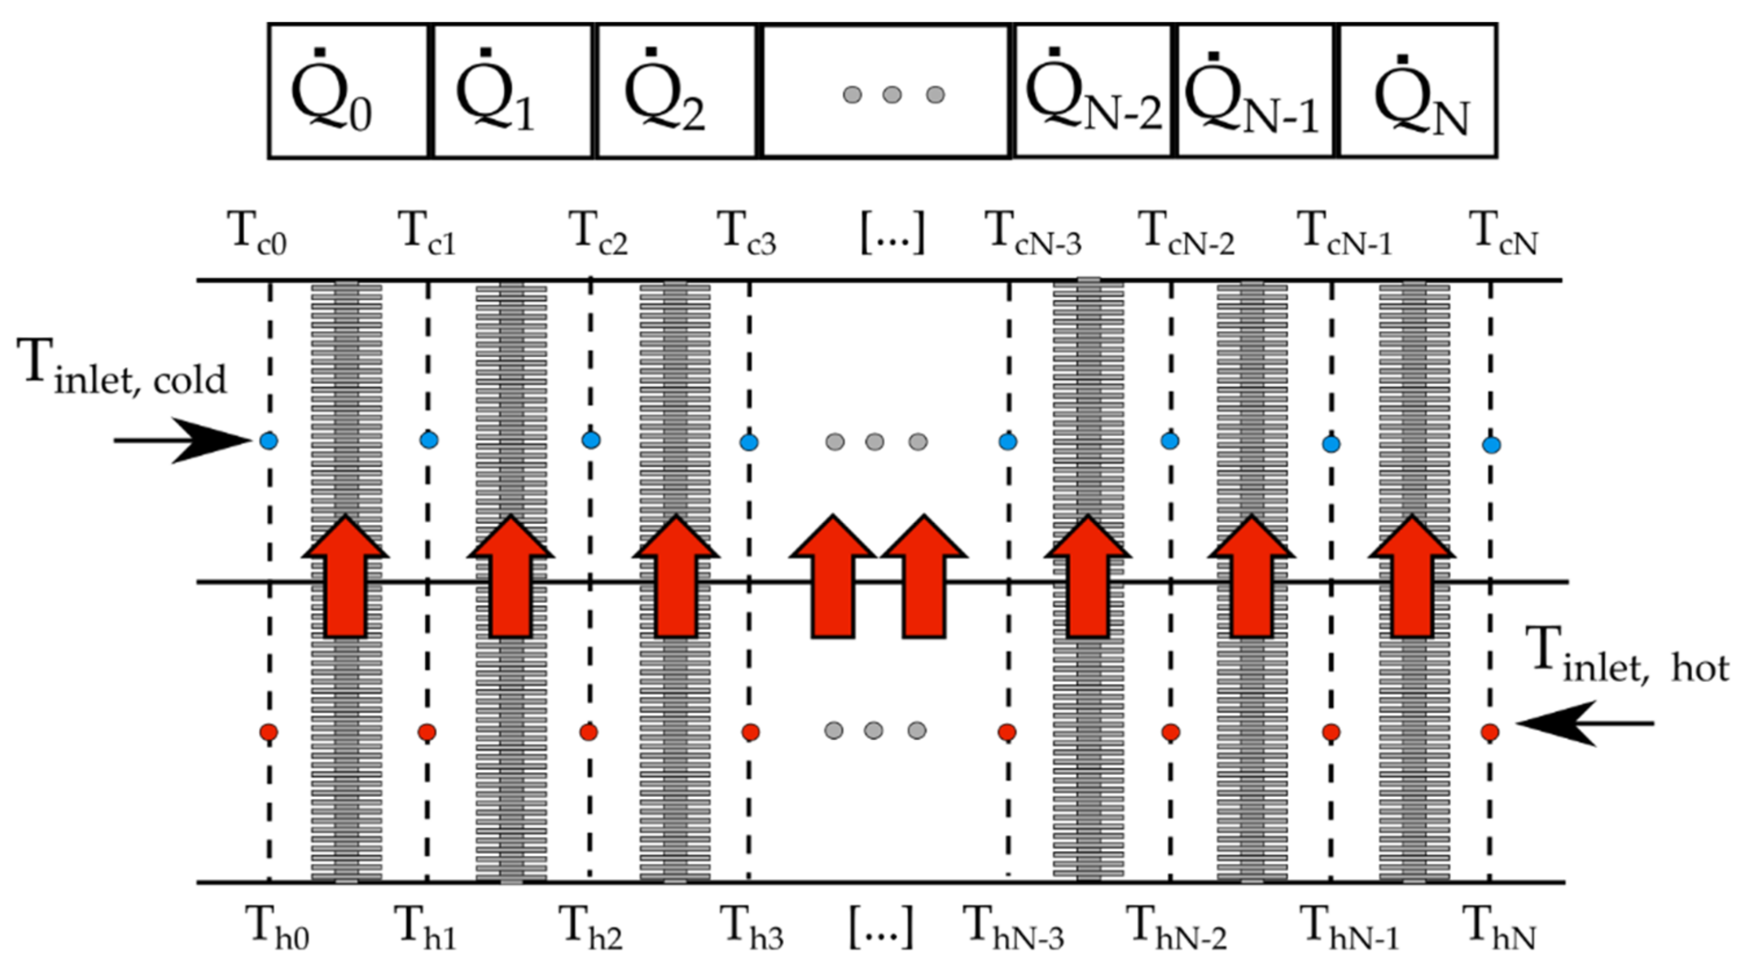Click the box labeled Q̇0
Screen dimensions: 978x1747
pos(348,91)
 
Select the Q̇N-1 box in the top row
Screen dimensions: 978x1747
pos(1255,91)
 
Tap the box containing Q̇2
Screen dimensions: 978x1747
pos(676,91)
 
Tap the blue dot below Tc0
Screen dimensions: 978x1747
pos(269,441)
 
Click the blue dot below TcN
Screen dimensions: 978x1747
pos(1491,445)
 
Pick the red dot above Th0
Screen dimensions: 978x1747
pos(269,732)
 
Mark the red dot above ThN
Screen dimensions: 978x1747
pos(1490,733)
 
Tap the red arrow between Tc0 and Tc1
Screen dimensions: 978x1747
pos(346,577)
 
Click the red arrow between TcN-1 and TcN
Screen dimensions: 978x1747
pos(1412,577)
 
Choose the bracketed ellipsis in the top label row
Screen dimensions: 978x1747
pos(892,234)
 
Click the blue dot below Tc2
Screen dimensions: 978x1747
pos(590,440)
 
